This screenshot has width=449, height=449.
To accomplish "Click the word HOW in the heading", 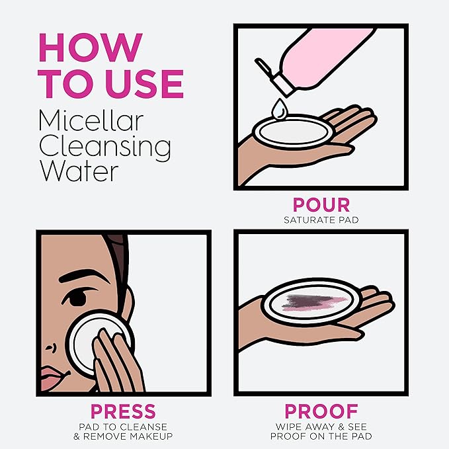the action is click(91, 48).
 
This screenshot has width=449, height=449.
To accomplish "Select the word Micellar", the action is click(91, 120).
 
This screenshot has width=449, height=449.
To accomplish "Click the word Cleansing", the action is click(104, 147).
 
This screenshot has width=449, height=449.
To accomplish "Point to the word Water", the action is click(79, 171).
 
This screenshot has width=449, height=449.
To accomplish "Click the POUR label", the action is click(321, 205).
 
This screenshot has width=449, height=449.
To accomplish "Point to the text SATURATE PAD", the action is click(321, 220).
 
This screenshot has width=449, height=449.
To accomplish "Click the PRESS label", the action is click(123, 411).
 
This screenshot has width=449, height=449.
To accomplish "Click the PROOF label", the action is click(321, 411).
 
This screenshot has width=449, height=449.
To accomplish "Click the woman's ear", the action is click(128, 304).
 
